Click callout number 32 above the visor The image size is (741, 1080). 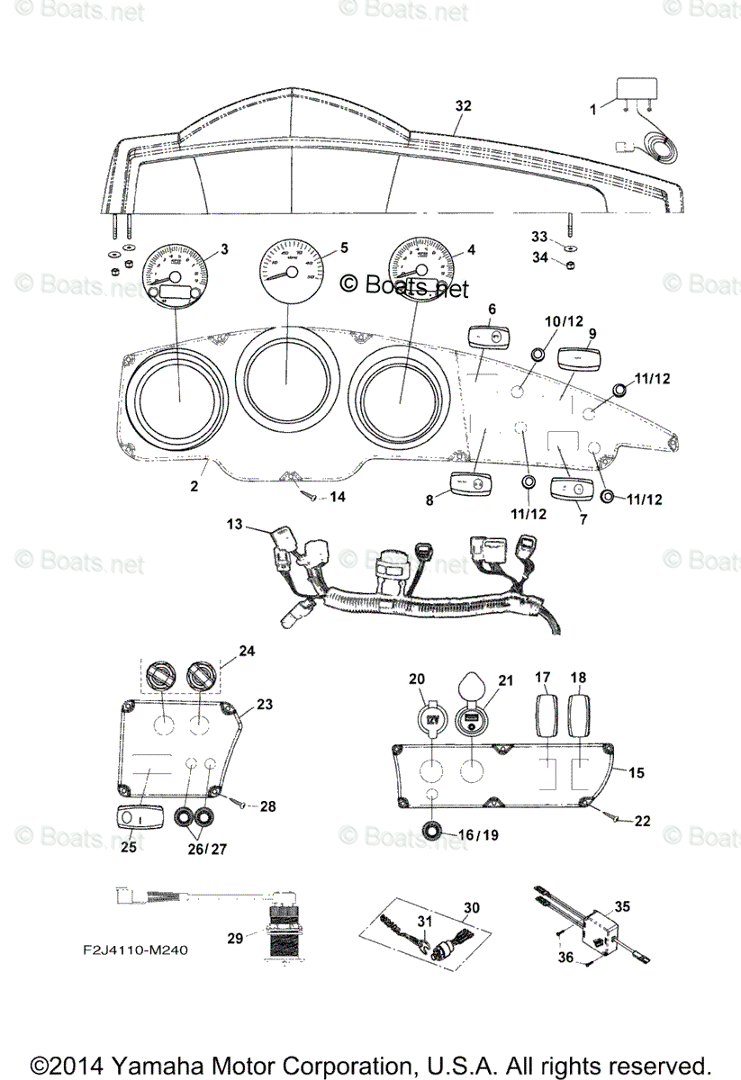coord(463,106)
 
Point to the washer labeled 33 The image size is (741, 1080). coord(571,246)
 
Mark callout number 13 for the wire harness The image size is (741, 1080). coord(235,524)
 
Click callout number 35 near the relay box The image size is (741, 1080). coord(622,906)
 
